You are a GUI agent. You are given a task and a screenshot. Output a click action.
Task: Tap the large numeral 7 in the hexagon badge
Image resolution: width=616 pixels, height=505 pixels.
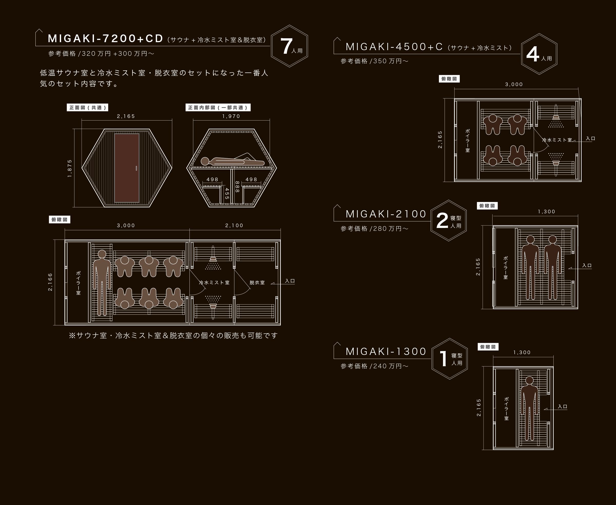pyautogui.click(x=286, y=46)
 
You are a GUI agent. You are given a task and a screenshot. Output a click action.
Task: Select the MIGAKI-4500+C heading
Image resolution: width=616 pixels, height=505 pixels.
pyautogui.click(x=394, y=47)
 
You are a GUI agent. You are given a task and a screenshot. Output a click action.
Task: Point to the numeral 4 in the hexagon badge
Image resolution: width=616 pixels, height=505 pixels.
pyautogui.click(x=533, y=54)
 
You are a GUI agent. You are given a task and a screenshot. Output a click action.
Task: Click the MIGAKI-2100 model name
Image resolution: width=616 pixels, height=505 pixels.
pyautogui.click(x=386, y=214)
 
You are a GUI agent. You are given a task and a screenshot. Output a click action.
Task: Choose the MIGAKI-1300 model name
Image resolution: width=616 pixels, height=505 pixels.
pyautogui.click(x=386, y=351)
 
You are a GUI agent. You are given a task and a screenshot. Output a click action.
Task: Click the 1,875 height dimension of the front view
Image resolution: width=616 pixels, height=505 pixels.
pyautogui.click(x=70, y=168)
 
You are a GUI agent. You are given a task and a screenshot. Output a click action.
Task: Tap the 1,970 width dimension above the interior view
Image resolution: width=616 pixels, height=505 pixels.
pyautogui.click(x=231, y=116)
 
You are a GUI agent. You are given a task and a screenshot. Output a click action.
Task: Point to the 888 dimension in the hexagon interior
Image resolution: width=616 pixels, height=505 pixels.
pyautogui.click(x=237, y=187)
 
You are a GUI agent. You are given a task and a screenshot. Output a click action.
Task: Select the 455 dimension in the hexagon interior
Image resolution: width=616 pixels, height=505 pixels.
pyautogui.click(x=227, y=194)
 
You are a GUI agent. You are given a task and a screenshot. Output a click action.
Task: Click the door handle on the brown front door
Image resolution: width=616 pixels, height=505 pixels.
pyautogui.click(x=136, y=168)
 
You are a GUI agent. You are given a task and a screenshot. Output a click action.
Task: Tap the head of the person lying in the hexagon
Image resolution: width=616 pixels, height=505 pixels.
pyautogui.click(x=205, y=161)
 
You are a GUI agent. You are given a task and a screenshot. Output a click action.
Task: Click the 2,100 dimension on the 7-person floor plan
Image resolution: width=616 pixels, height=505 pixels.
pyautogui.click(x=234, y=225)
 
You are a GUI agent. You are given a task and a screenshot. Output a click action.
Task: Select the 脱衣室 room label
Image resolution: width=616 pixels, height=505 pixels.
pyautogui.click(x=257, y=282)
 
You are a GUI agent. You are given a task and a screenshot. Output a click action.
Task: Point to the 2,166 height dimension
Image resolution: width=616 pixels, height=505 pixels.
pyautogui.click(x=50, y=282)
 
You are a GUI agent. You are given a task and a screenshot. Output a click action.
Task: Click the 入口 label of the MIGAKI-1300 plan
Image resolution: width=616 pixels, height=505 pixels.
pyautogui.click(x=563, y=406)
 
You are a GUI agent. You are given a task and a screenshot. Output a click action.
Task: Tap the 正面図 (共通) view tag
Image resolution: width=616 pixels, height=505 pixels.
pyautogui.click(x=88, y=108)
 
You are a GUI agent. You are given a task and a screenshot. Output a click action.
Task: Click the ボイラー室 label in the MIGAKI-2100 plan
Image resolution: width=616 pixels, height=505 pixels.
pyautogui.click(x=506, y=268)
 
